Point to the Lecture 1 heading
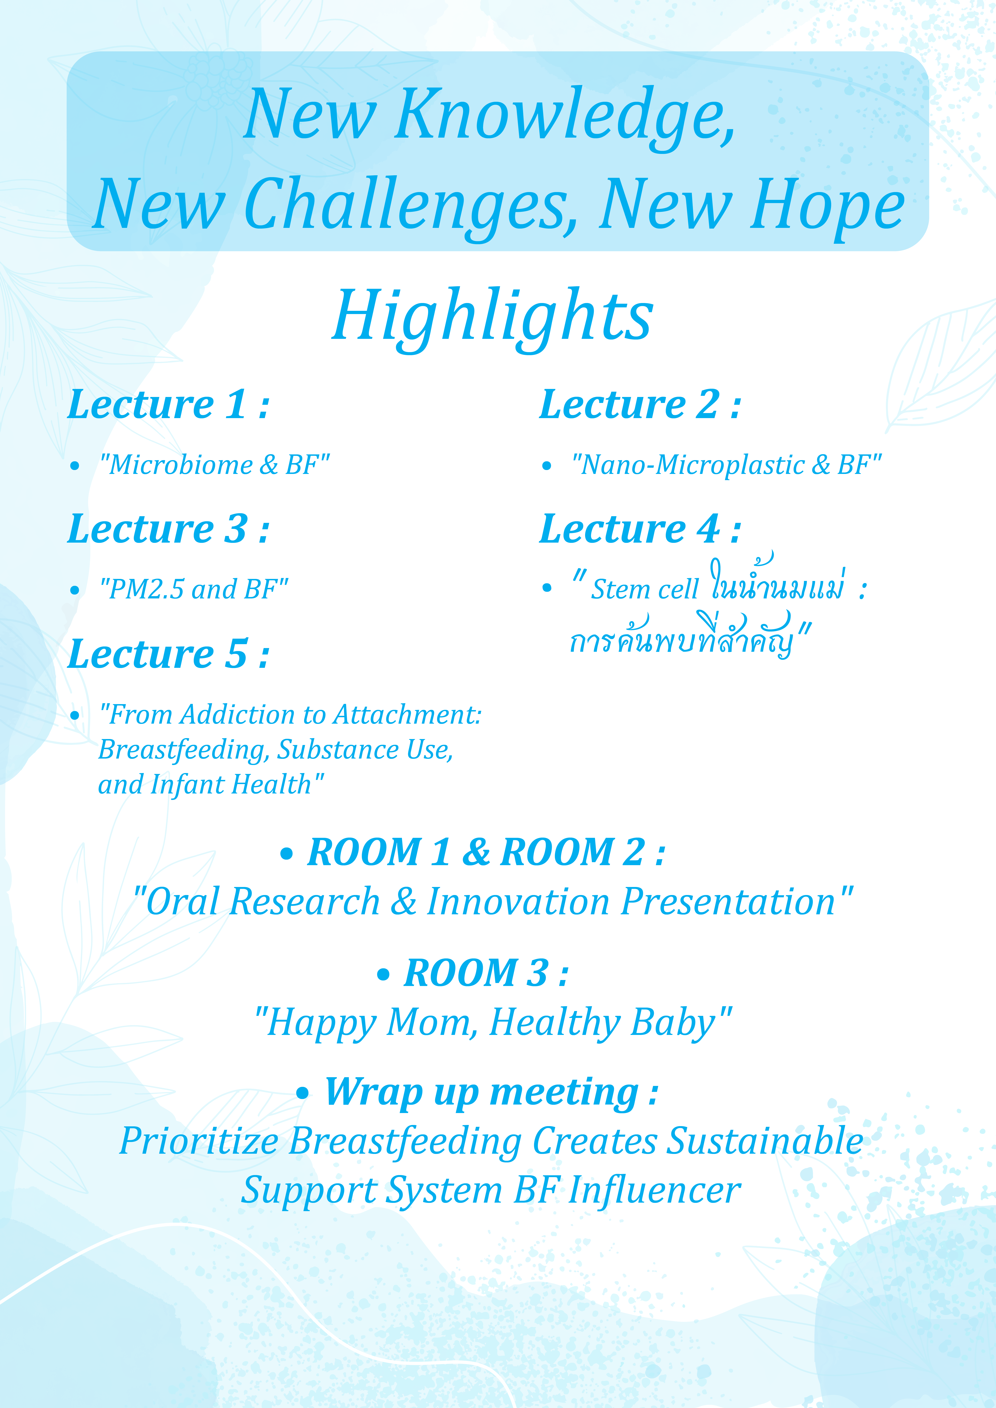(x=169, y=405)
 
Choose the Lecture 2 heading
(x=640, y=405)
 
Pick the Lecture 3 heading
(x=169, y=529)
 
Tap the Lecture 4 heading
(x=640, y=529)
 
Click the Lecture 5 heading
(x=169, y=654)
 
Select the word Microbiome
(x=181, y=465)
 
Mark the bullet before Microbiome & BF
(x=75, y=466)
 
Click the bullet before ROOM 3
(x=383, y=975)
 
